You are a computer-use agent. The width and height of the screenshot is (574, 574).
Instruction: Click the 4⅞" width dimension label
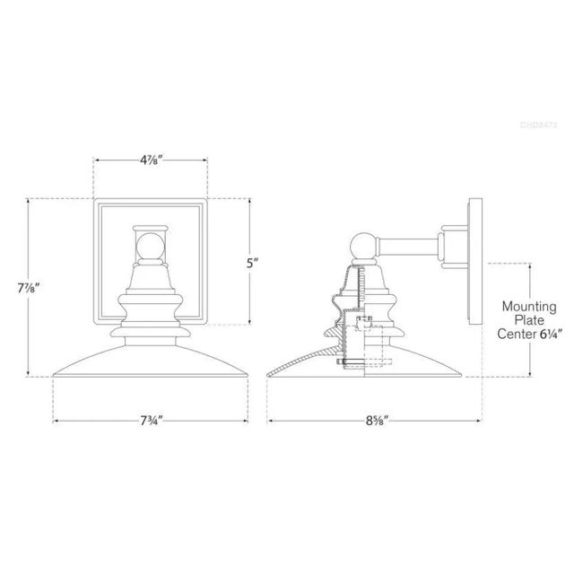point(152,161)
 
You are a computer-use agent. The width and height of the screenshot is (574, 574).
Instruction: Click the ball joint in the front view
point(151,246)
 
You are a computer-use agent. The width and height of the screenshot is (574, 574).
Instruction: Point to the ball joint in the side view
point(362,245)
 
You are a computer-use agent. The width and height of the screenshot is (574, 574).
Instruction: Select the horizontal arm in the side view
point(408,244)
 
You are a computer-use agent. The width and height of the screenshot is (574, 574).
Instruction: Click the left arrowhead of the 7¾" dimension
point(57,420)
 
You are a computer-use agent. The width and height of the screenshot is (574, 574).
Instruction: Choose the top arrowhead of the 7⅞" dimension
point(30,201)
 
